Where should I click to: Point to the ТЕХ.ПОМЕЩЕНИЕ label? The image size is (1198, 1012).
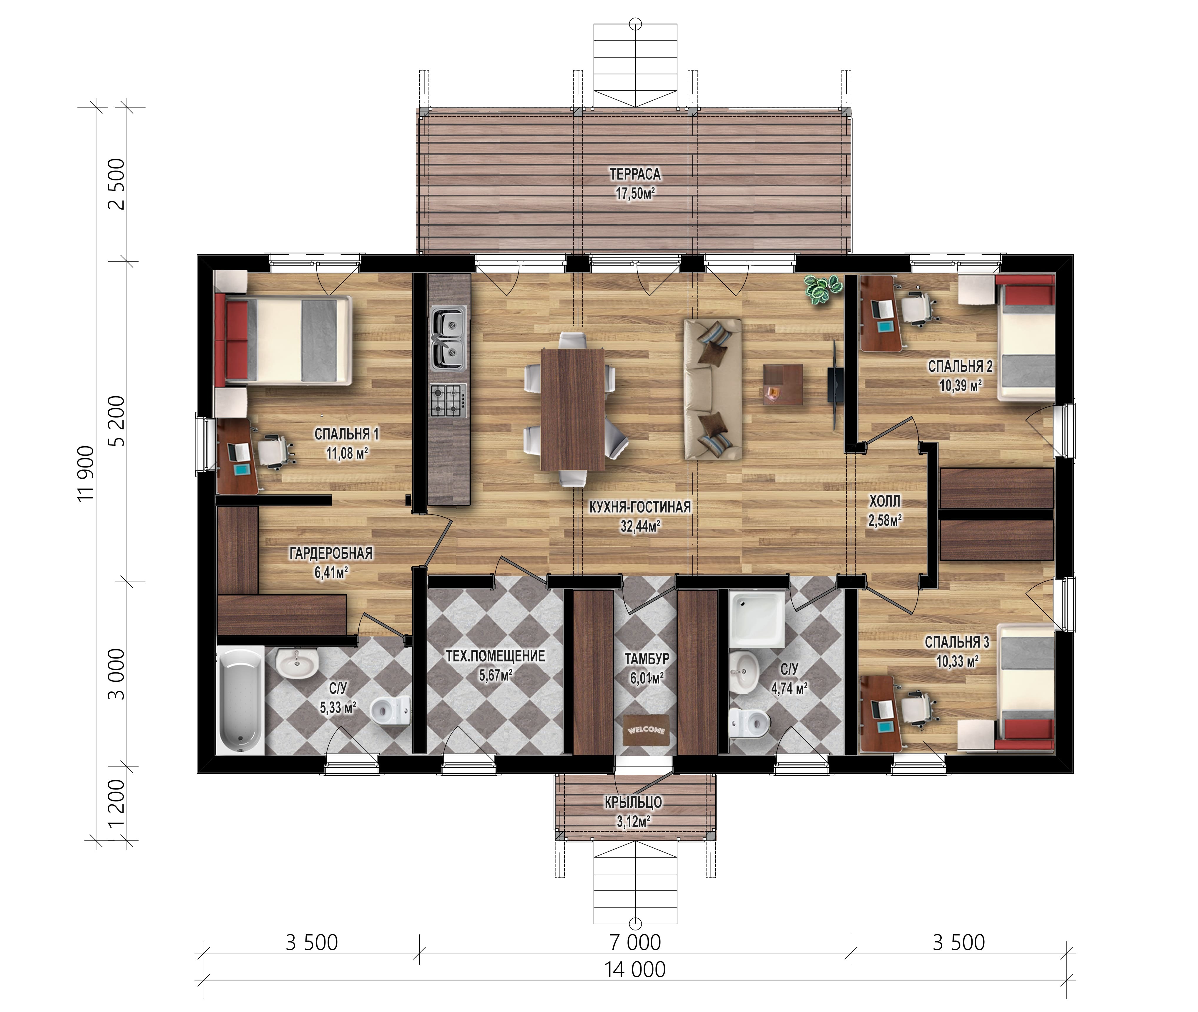tap(496, 656)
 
